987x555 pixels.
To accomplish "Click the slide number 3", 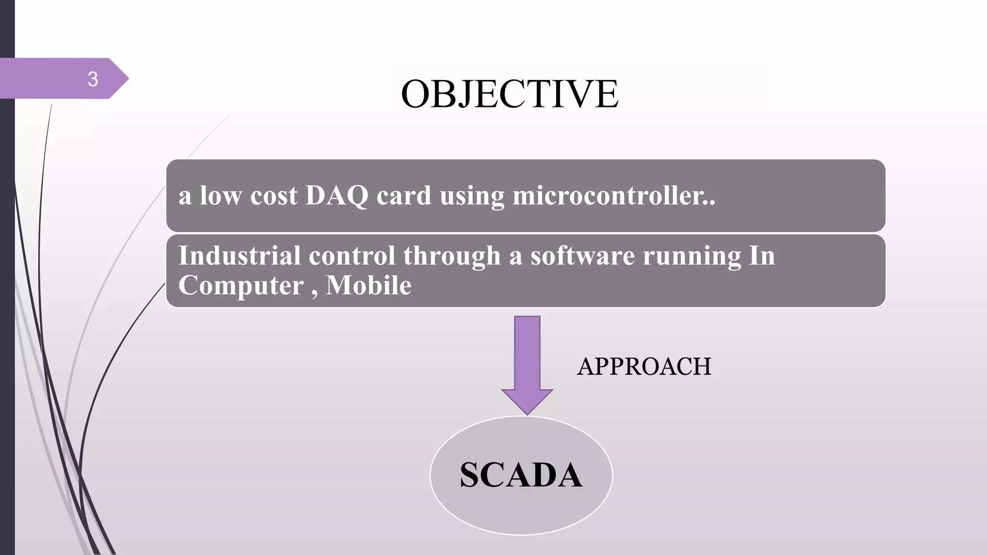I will (93, 79).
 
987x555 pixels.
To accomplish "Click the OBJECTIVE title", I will (509, 93).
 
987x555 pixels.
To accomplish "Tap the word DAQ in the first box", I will (336, 196).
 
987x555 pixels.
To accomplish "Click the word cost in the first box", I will (274, 196).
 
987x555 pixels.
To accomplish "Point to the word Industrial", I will (239, 255).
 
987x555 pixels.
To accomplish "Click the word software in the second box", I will (582, 255).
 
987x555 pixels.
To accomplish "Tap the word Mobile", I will (369, 285).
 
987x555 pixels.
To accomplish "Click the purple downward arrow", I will (527, 357).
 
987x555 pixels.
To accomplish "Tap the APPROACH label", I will (644, 367).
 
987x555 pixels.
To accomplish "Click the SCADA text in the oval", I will (521, 475).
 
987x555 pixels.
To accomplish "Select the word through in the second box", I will (452, 255).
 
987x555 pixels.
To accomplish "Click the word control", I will (352, 255).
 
